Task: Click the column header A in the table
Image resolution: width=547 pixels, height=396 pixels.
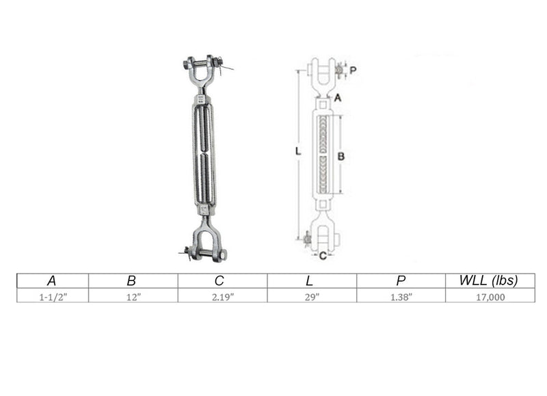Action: point(52,280)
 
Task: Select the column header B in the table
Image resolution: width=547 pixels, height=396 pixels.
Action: point(131,280)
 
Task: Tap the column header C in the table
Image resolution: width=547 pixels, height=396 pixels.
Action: point(219,280)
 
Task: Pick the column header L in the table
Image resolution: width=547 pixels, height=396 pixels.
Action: point(309,280)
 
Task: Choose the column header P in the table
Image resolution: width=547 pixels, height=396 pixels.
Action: point(401,280)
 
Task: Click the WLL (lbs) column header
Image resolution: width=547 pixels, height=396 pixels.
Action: point(488,280)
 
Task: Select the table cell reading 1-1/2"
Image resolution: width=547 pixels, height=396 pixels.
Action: point(53,297)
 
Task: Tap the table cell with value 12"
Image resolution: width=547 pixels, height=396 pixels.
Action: point(133,297)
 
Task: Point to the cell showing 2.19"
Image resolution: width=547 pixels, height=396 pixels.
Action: point(223,297)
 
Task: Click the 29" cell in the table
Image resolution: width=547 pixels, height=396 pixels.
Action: point(312,297)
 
